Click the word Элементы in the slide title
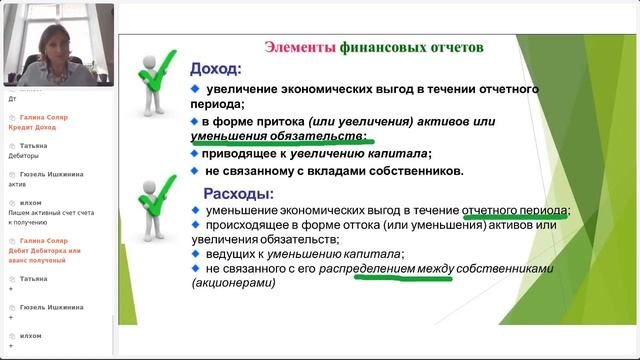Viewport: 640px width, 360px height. tap(299, 47)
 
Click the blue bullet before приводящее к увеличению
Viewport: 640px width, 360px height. tap(196, 154)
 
